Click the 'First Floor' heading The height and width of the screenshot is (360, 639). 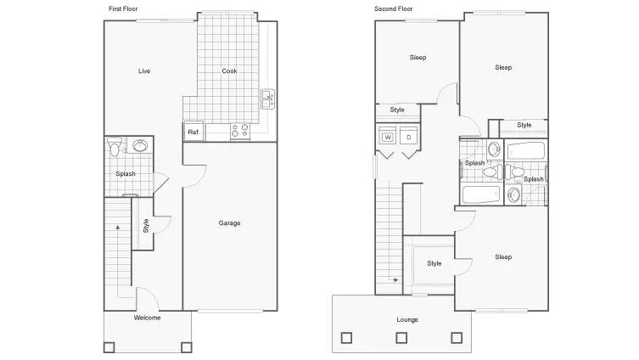click(123, 8)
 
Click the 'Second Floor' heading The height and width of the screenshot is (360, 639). click(393, 8)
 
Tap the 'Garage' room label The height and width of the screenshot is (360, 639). click(229, 223)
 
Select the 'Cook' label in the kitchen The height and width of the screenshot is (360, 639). click(229, 71)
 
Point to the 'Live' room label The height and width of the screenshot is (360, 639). click(144, 71)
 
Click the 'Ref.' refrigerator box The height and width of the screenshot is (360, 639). click(193, 132)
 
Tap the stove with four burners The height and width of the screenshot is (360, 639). click(240, 132)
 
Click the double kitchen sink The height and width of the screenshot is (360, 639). click(267, 99)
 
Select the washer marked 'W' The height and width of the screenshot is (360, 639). click(388, 137)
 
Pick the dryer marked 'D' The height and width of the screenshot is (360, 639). click(408, 137)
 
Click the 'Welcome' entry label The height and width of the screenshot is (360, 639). click(147, 318)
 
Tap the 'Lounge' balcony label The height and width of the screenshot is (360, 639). click(407, 319)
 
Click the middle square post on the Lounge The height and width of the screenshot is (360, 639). click(401, 338)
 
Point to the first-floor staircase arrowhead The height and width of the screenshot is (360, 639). click(118, 227)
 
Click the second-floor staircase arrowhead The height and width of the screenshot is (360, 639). click(395, 280)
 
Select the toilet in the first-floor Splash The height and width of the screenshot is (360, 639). click(115, 146)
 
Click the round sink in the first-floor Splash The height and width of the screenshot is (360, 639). click(140, 145)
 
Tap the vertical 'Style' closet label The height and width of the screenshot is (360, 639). click(146, 226)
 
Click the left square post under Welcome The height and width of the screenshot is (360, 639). click(109, 347)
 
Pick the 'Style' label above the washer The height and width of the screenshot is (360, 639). click(397, 110)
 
